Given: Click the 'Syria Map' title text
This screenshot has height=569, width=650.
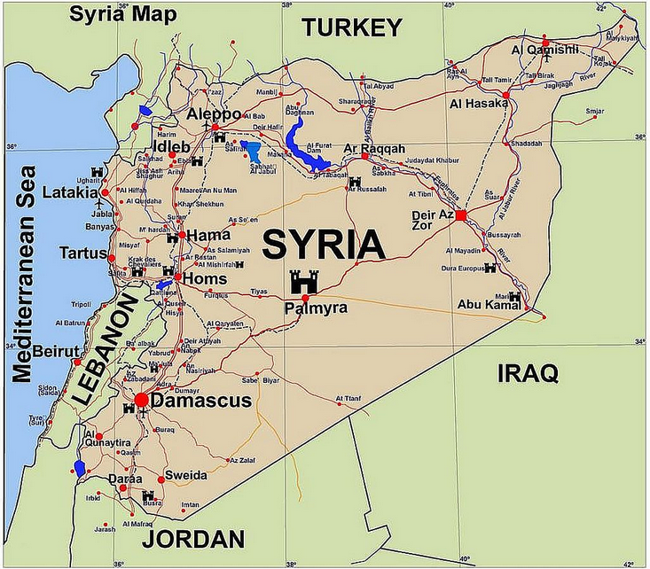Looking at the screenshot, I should click(x=123, y=14).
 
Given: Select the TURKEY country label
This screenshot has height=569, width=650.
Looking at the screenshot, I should click(x=352, y=28).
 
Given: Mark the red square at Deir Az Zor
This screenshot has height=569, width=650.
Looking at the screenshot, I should click(x=461, y=214).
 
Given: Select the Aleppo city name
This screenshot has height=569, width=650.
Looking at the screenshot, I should click(x=213, y=115).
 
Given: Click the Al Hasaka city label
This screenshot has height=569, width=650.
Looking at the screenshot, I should click(x=479, y=104).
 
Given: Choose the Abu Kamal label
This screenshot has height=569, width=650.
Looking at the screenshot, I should click(x=486, y=305).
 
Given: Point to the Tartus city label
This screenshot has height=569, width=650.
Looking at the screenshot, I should click(x=82, y=253).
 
